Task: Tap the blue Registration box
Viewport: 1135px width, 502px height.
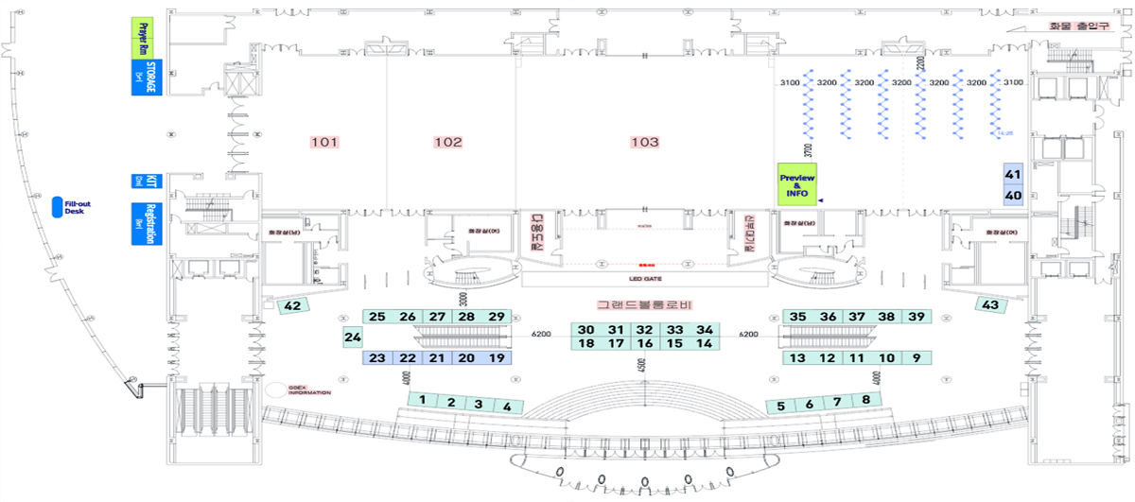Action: (x=145, y=223)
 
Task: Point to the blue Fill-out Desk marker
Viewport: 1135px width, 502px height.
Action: (x=58, y=207)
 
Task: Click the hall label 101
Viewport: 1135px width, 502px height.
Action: (x=324, y=142)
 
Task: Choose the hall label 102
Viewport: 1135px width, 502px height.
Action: (x=448, y=142)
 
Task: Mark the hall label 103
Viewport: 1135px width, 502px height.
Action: (x=644, y=142)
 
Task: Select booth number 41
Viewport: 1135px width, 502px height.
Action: (x=1013, y=174)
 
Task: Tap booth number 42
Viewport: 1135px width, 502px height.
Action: (x=293, y=306)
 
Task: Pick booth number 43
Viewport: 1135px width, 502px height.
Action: (x=990, y=305)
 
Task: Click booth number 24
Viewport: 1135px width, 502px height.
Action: (x=353, y=337)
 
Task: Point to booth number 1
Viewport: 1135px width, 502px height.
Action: (x=425, y=400)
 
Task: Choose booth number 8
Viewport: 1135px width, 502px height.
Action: (x=865, y=400)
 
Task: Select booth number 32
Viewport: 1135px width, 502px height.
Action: (x=645, y=330)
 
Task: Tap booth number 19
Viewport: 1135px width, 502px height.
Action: (x=497, y=358)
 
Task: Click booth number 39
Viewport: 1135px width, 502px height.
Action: (x=916, y=317)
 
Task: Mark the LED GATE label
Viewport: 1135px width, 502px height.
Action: (x=644, y=280)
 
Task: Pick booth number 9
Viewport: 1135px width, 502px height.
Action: (x=916, y=358)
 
